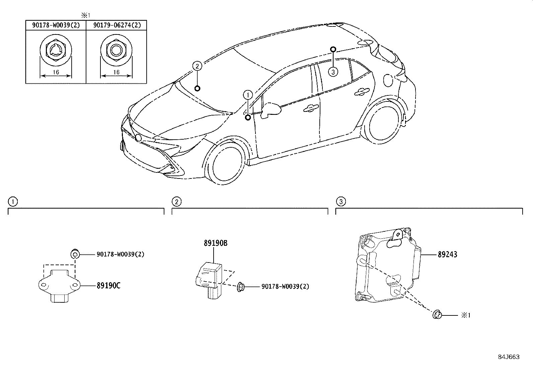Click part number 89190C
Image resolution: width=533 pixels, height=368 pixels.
pos(108,286)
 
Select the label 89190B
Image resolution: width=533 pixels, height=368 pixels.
pos(215,243)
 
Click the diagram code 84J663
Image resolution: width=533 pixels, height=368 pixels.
pos(509,357)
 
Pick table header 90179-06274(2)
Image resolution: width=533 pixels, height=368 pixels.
pos(117,25)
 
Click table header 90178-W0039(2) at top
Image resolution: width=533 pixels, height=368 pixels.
pos(56,25)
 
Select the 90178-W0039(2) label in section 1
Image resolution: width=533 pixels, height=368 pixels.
pos(120,254)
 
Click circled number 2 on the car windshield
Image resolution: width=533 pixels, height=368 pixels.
pos(197,66)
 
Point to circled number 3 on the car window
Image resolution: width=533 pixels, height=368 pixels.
pos(333,71)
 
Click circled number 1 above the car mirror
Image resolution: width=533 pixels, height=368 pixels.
pos(248,95)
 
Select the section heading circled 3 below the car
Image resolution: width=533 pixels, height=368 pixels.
pos(341,202)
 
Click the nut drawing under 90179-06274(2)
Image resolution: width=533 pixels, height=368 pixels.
pos(117,51)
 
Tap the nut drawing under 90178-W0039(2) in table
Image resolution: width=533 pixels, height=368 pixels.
pos(56,51)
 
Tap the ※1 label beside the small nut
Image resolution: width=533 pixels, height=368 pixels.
pos(466,315)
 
